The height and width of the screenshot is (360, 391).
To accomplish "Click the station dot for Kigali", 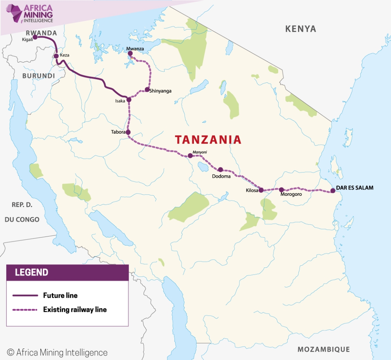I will tap(35, 37).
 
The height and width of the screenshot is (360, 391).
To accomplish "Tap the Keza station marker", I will tap(56, 56).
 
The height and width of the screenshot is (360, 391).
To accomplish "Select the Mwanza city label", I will tap(135, 49).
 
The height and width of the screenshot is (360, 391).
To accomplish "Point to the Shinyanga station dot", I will tap(147, 89).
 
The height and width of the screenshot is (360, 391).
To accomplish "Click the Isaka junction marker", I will tap(129, 99).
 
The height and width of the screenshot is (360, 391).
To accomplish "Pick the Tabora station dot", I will tap(128, 132).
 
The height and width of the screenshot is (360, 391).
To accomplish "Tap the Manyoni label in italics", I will tap(200, 152).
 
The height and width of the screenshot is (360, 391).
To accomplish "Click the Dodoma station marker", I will tap(221, 169).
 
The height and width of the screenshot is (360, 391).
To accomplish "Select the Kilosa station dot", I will tap(261, 190).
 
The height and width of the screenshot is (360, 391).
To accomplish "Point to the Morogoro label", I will tap(291, 194).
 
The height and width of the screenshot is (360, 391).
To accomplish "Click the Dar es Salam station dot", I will tap(333, 191).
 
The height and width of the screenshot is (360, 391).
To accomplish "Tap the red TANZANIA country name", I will tap(208, 140).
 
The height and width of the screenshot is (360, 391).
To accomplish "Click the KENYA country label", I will tap(301, 29).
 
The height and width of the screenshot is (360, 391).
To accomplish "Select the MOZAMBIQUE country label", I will tap(324, 349).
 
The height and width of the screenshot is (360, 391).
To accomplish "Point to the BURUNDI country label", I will tap(39, 76).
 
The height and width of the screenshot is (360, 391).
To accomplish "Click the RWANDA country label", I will tap(41, 33).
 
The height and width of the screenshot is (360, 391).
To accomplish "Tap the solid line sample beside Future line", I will tap(25, 296).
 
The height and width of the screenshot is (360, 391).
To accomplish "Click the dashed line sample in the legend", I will tap(25, 310).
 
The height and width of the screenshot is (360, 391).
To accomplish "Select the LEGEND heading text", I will tap(32, 272).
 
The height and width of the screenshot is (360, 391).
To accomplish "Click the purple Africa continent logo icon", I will tap(14, 14).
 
